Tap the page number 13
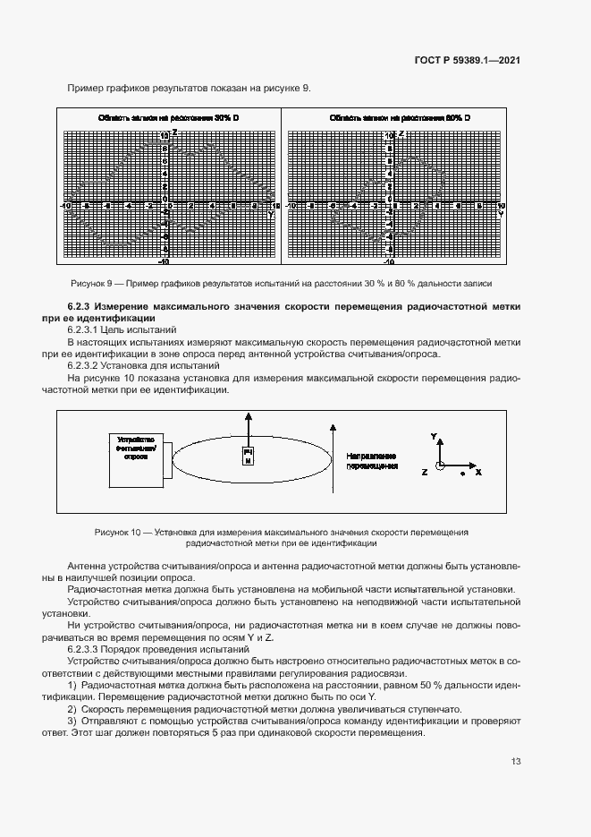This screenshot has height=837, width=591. pos(516,762)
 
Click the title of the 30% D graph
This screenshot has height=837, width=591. pos(168,118)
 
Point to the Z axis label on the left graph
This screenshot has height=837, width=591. pos(174,132)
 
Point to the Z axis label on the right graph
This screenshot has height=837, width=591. pos(400,132)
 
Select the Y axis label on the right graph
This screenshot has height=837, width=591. pos(500,215)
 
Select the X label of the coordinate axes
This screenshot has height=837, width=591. pos(478,470)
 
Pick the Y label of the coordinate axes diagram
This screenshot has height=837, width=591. pos(434,436)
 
